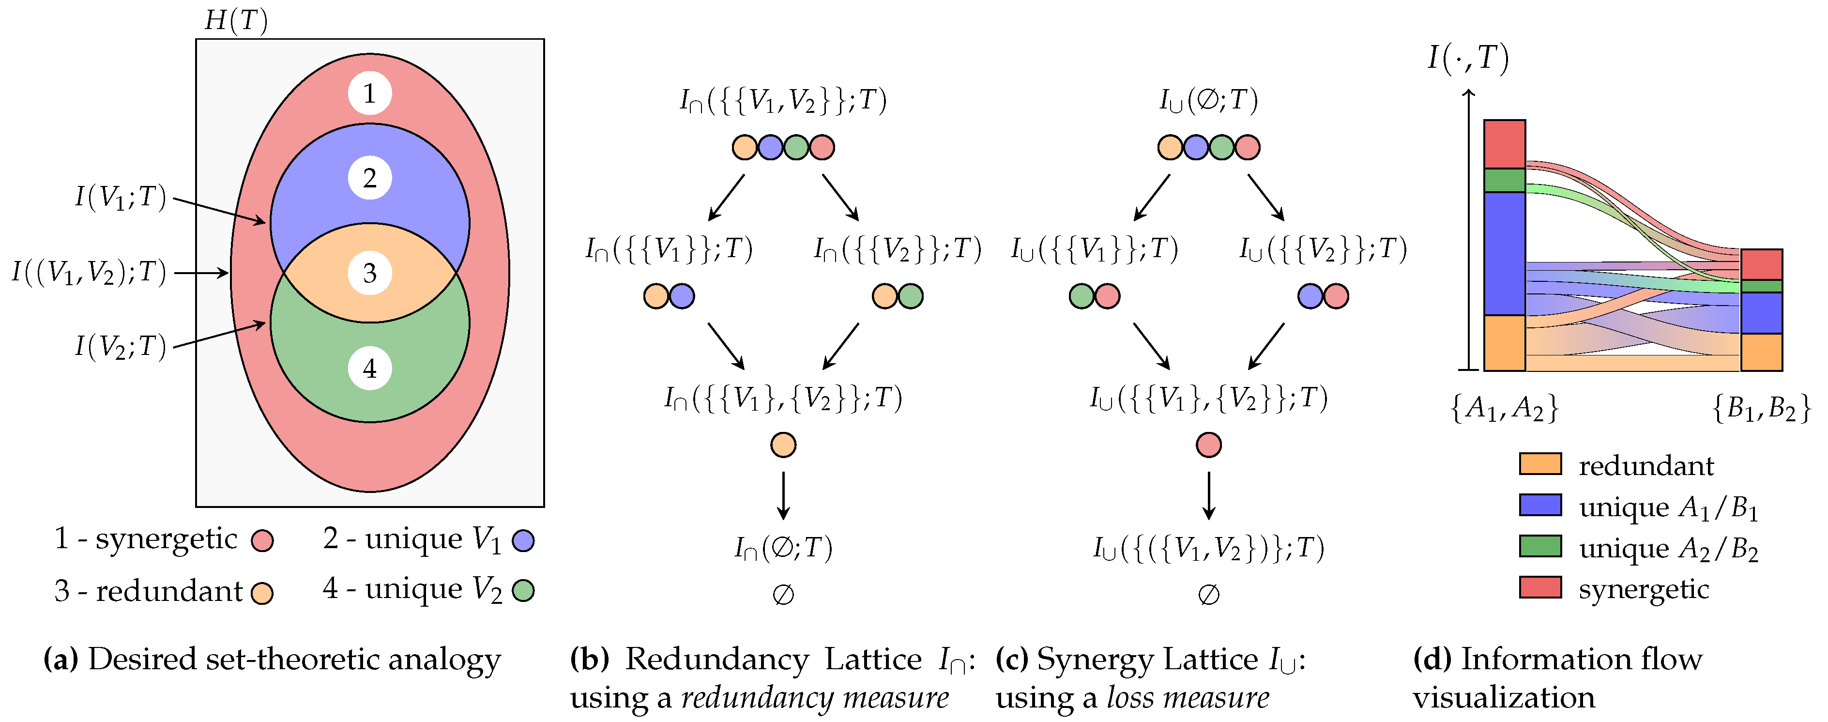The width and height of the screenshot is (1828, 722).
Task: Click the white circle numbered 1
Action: tap(370, 93)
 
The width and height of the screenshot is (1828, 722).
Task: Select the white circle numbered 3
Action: tap(370, 273)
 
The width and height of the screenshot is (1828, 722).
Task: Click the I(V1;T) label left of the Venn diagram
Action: tap(121, 197)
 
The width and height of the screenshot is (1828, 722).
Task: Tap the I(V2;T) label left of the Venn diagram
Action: tap(121, 346)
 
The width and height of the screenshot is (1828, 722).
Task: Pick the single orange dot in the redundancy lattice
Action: tap(783, 445)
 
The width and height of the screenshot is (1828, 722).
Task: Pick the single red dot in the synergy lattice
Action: tap(1208, 445)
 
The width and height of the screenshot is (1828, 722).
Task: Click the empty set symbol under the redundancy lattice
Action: tap(783, 594)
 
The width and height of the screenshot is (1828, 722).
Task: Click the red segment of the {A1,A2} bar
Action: tap(1505, 144)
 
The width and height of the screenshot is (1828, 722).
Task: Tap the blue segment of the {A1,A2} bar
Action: tap(1505, 253)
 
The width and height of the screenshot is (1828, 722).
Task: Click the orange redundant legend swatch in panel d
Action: tap(1540, 464)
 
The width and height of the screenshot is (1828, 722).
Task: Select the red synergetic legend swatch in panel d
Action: tap(1540, 588)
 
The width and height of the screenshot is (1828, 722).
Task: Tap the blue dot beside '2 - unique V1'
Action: tap(523, 541)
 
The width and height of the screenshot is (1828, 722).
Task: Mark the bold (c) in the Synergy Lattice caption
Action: tap(1012, 660)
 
